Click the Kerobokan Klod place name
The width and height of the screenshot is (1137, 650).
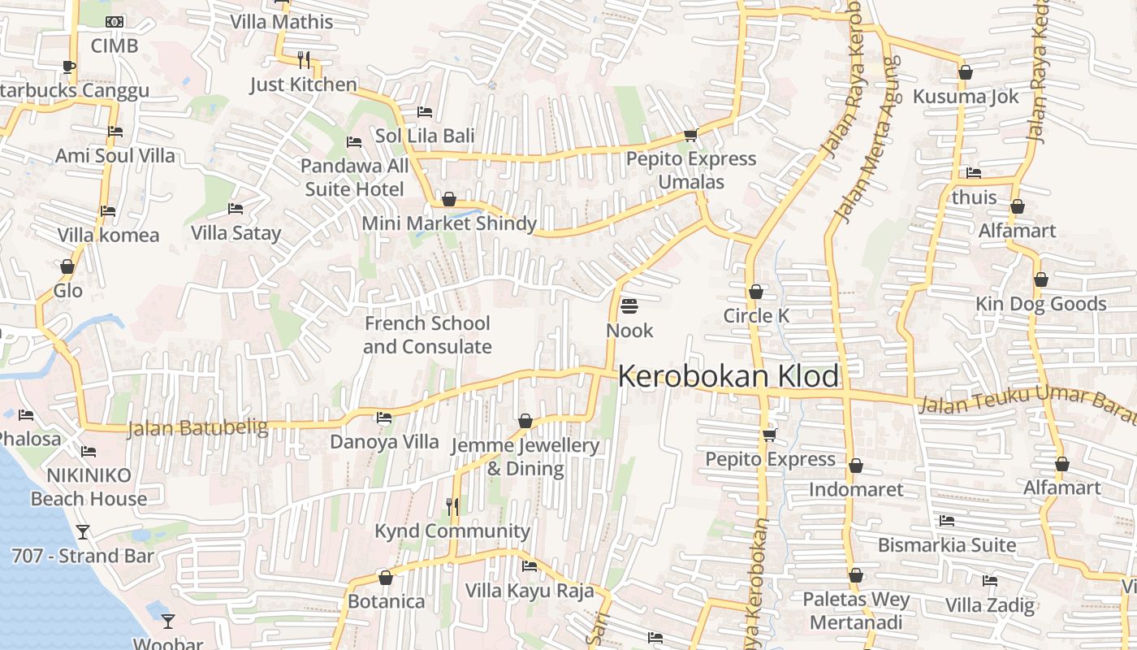(728, 377)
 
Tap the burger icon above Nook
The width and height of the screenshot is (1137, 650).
(629, 306)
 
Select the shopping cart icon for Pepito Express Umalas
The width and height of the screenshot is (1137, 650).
(690, 135)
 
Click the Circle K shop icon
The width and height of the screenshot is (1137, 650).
(756, 292)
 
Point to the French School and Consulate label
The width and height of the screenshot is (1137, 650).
(427, 335)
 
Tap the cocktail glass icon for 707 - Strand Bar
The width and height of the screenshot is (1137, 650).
(82, 532)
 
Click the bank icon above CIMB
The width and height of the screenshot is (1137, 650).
(115, 21)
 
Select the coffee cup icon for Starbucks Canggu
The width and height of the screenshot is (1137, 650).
(69, 67)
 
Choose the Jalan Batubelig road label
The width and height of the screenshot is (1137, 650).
(197, 427)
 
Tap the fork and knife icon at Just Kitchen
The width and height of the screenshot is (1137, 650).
(304, 59)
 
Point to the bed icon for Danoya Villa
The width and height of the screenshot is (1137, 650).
(384, 418)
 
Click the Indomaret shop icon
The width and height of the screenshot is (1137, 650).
(855, 466)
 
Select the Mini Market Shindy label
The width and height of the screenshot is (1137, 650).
(449, 223)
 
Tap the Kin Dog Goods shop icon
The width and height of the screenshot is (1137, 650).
(1040, 279)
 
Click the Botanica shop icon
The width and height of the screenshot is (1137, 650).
(386, 578)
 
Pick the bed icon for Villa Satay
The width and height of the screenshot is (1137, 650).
(236, 209)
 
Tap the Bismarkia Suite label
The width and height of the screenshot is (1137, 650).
(947, 545)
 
